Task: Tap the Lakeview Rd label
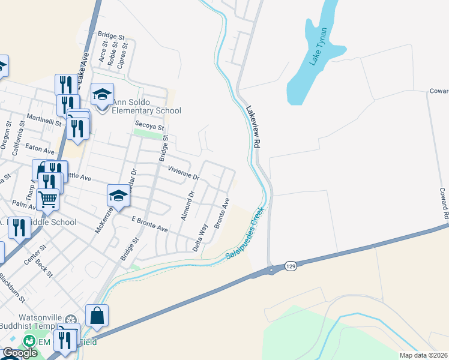pos(253,127)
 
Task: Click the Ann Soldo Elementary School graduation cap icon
pos(102,95)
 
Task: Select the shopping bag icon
pos(97,315)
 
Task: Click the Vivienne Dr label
pos(183,173)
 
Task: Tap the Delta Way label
pos(200,236)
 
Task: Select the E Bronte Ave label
pos(149,224)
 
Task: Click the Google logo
pos(20,353)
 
